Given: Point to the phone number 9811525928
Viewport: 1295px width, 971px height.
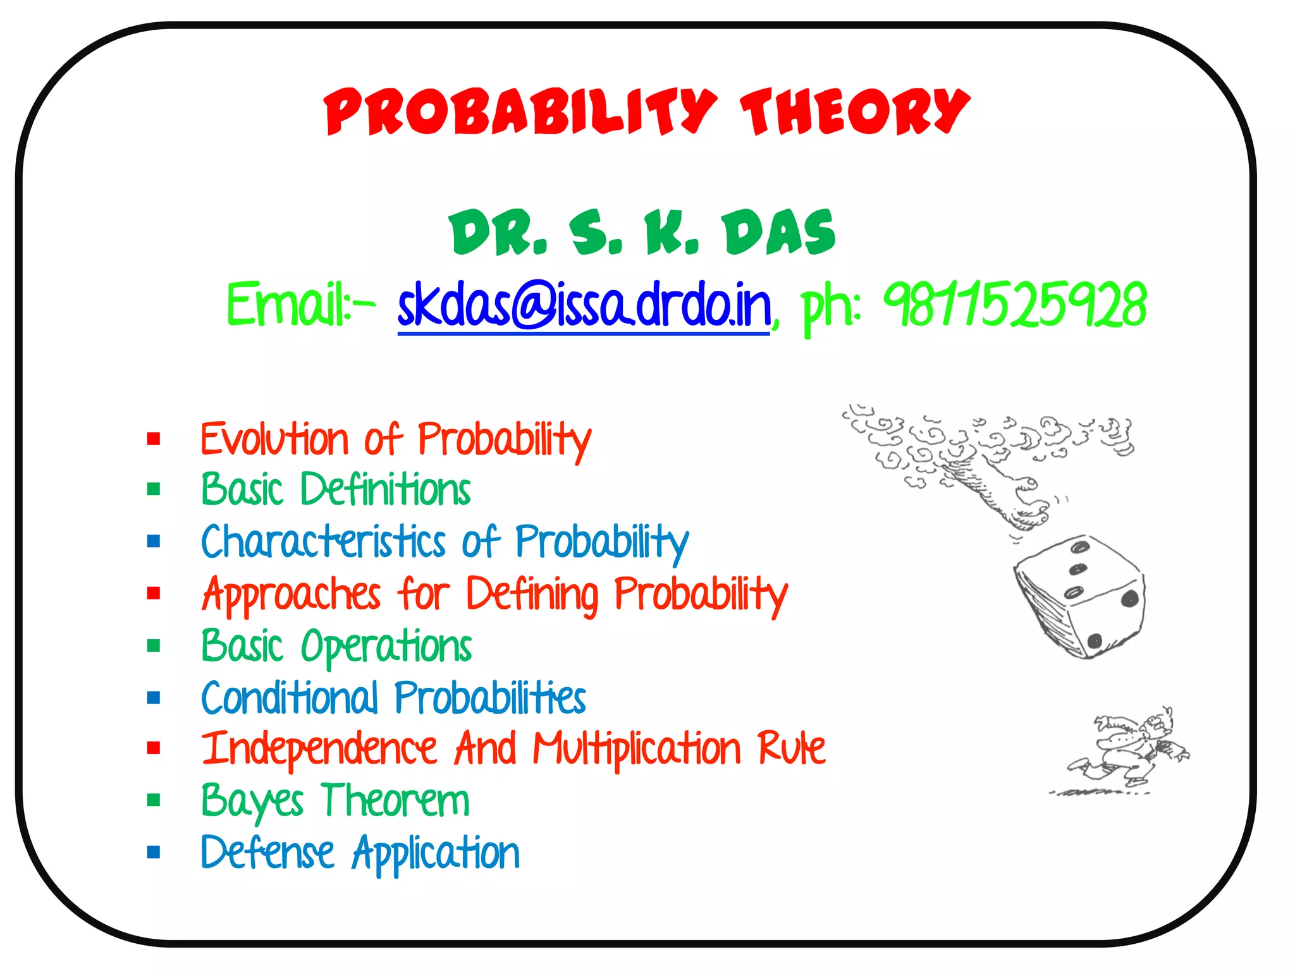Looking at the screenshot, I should pyautogui.click(x=1014, y=306).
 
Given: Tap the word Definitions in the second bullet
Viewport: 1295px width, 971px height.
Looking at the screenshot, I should pyautogui.click(x=386, y=490).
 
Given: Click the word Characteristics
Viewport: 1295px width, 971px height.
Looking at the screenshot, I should pyautogui.click(x=324, y=542).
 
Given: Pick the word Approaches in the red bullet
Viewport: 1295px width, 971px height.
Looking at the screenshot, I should pyautogui.click(x=291, y=595).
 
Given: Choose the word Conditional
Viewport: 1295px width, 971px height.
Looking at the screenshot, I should pyautogui.click(x=290, y=699).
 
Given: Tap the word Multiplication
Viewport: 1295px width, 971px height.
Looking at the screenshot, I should pyautogui.click(x=636, y=750).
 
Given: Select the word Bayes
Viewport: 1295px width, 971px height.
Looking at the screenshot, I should pyautogui.click(x=252, y=802).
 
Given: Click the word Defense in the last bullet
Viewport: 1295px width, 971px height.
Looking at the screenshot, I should pyautogui.click(x=267, y=853).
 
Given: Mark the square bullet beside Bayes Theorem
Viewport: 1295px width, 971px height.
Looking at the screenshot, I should pyautogui.click(x=154, y=800).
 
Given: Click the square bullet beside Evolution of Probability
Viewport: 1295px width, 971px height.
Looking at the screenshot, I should pyautogui.click(x=154, y=438).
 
